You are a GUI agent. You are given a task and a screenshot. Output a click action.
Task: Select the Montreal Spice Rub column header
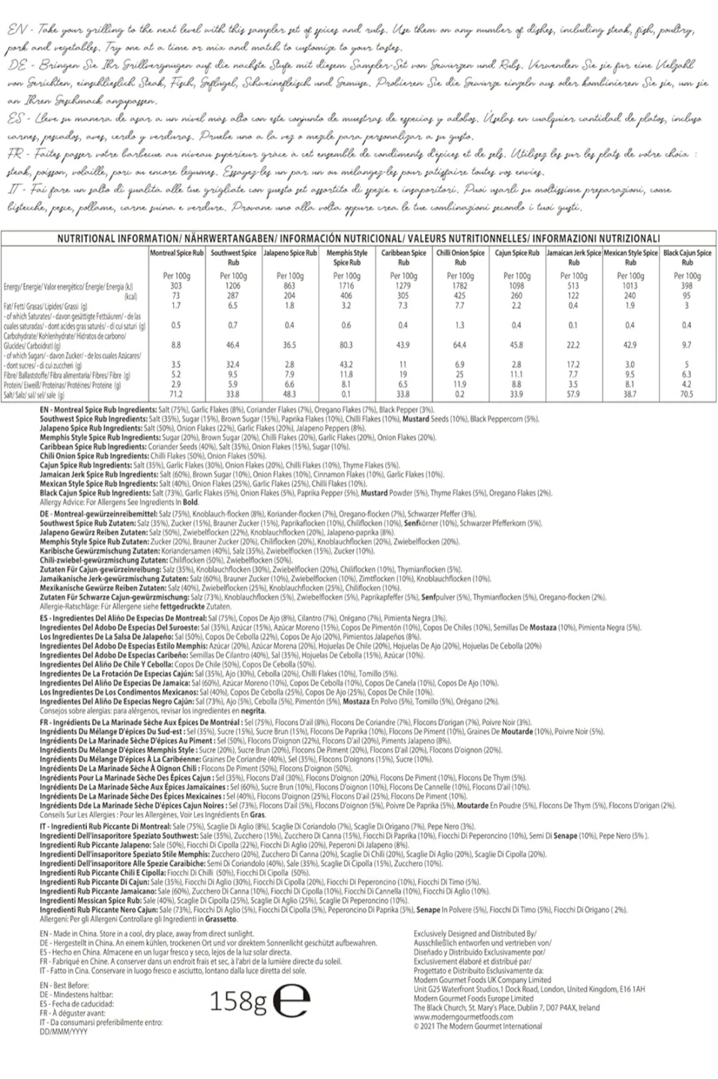click(x=176, y=253)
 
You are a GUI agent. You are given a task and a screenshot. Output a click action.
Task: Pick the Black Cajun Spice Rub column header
click(x=687, y=258)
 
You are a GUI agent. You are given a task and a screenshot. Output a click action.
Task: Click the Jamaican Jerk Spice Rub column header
click(x=573, y=258)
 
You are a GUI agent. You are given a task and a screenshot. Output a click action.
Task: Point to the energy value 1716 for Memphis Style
click(x=346, y=285)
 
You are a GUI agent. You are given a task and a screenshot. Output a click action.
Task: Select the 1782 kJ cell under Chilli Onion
click(x=459, y=285)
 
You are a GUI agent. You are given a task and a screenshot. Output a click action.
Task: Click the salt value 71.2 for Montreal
click(x=176, y=393)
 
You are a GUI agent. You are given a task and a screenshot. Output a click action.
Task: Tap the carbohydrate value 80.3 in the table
click(x=346, y=345)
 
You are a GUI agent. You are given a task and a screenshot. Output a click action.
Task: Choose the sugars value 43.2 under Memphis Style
click(x=346, y=364)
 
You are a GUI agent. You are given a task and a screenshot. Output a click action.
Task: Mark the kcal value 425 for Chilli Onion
click(x=459, y=295)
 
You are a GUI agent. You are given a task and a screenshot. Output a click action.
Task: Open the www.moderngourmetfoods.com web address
click(x=463, y=1017)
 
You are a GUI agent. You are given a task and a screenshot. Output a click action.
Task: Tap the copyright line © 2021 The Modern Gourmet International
click(x=477, y=1026)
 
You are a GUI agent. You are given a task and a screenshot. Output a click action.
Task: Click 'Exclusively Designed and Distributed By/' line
click(x=474, y=933)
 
